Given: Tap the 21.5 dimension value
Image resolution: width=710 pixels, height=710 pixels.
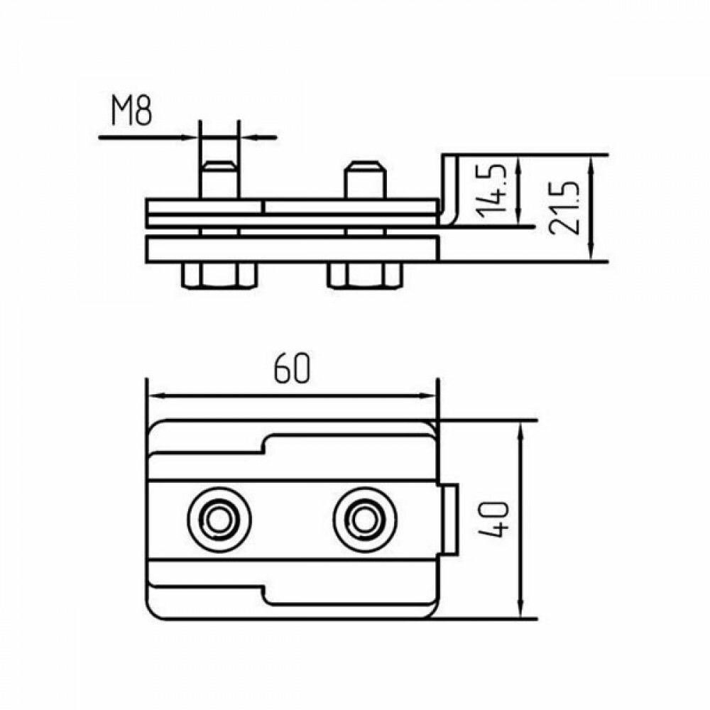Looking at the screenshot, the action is click(x=566, y=207).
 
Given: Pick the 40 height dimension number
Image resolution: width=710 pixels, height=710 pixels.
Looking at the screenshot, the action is click(x=496, y=519).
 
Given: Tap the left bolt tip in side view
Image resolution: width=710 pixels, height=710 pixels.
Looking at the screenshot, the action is click(x=219, y=169).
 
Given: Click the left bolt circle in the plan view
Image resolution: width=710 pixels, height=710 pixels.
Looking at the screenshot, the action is click(x=219, y=520).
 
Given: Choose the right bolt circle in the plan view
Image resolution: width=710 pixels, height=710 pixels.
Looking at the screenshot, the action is click(x=365, y=520).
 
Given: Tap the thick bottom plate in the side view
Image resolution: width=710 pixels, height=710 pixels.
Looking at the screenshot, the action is click(x=291, y=248).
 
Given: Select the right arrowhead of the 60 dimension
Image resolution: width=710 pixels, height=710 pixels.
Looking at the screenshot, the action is click(x=429, y=395).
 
